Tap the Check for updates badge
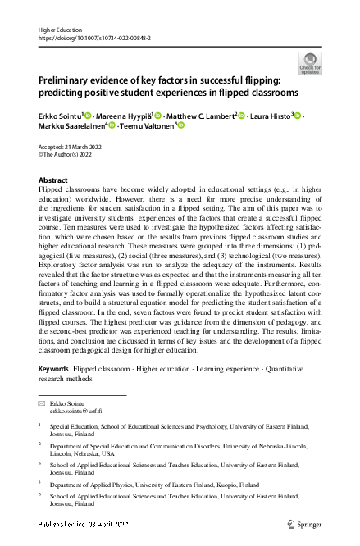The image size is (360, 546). (x=310, y=63)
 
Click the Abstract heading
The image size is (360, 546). (x=54, y=180)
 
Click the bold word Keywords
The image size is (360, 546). (x=54, y=369)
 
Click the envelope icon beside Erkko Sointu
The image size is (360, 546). (x=43, y=405)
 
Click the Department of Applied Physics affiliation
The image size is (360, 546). (x=107, y=485)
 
